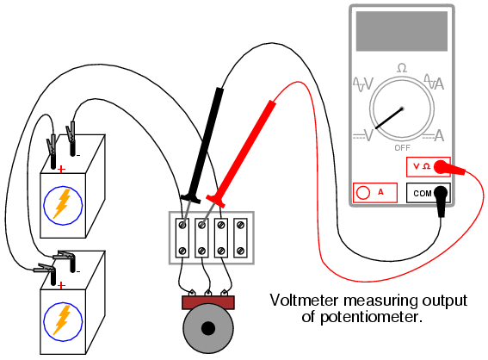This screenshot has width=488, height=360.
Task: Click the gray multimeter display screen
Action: pos(401,31)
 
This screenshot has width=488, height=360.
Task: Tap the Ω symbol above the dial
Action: pos(402,68)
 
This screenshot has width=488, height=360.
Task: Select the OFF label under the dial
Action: pos(402,147)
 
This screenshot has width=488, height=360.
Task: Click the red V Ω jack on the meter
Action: pos(440,166)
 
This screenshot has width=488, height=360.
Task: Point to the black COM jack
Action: pos(441,193)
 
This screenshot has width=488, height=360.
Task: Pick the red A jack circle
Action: pos(363,192)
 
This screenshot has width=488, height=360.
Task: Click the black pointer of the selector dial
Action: pos(389,118)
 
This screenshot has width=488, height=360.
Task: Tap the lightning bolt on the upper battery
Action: pos(63,204)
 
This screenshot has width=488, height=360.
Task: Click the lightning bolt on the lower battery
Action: pos(63,320)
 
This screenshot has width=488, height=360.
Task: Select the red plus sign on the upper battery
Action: pos(62,169)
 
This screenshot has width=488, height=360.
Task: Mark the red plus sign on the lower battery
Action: pos(62,285)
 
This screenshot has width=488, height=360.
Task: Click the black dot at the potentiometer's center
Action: pos(208,328)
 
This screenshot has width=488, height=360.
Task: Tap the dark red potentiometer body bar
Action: pos(208,302)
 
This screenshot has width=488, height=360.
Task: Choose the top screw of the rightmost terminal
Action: pos(240,225)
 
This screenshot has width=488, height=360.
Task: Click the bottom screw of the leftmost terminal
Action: pos(182,251)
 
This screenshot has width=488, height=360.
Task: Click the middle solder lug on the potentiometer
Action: pos(208,293)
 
